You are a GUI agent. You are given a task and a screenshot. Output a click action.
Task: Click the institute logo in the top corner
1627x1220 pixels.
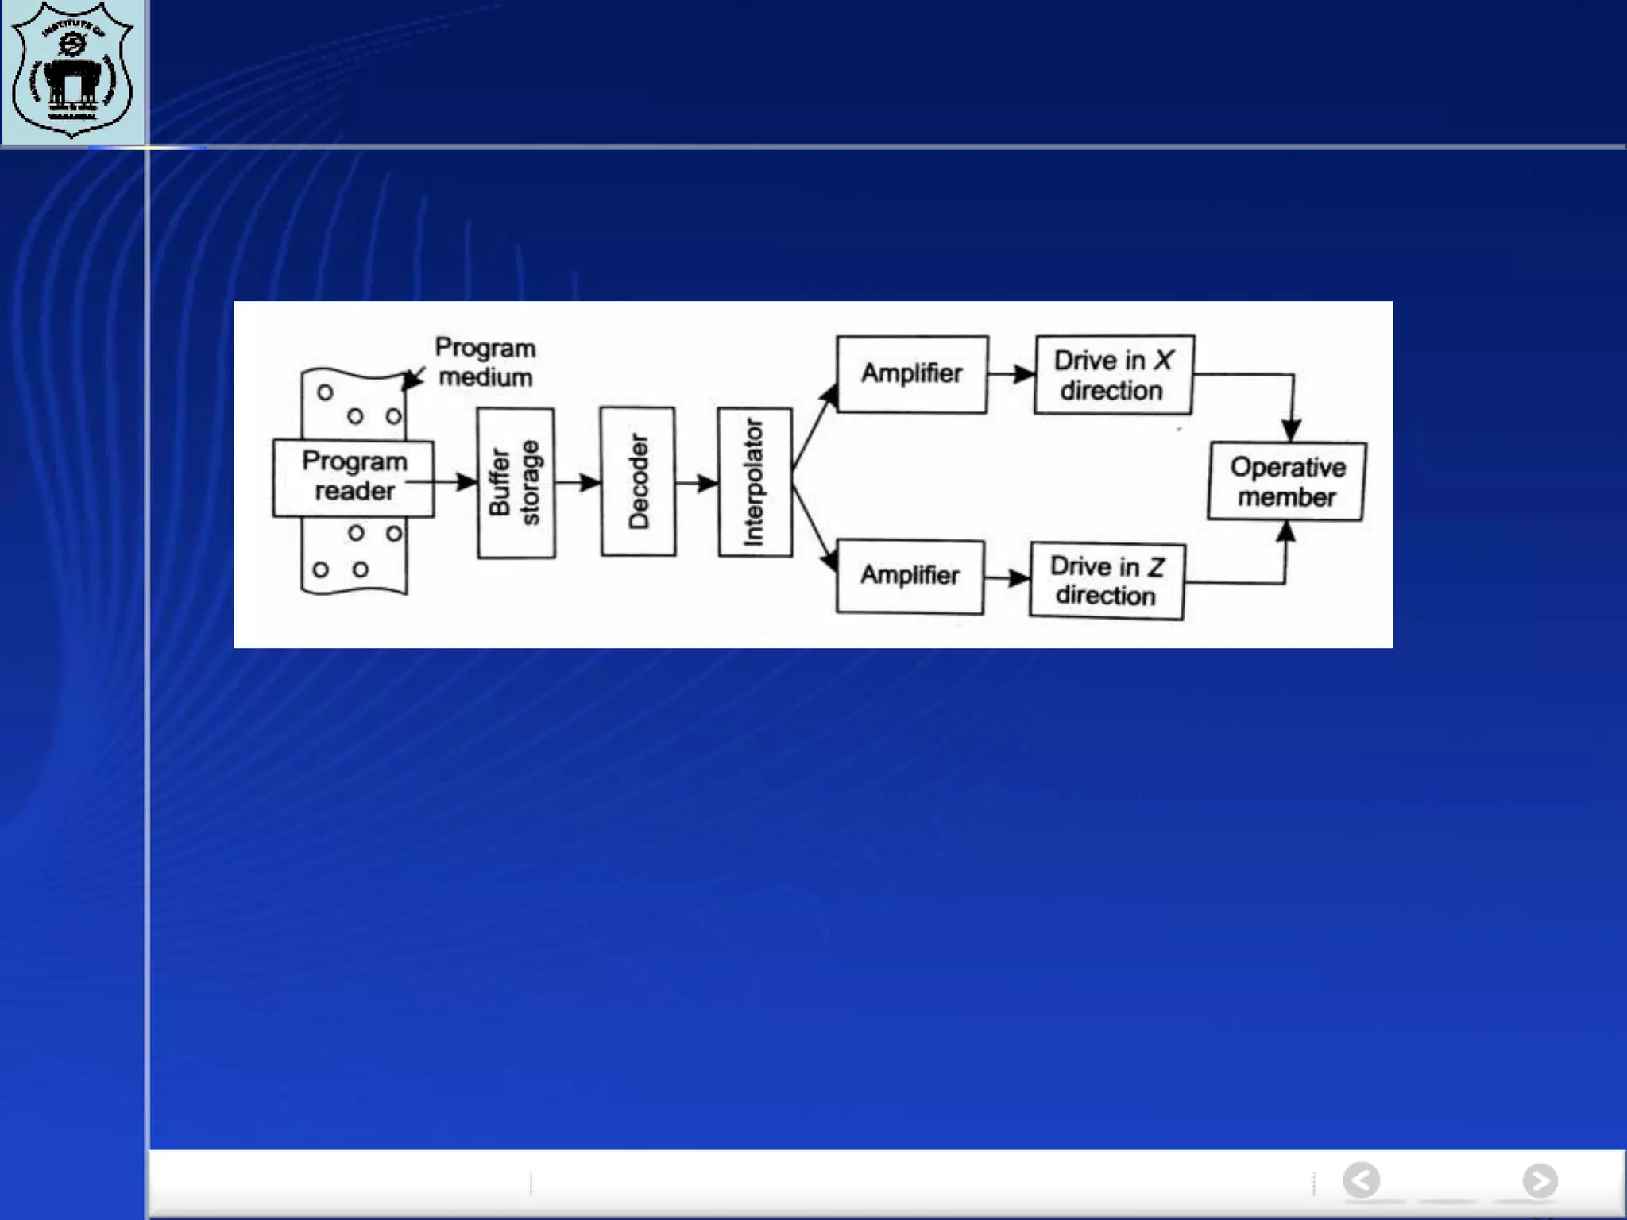click(x=73, y=71)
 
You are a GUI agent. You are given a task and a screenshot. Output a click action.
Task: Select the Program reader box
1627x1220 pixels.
click(x=354, y=477)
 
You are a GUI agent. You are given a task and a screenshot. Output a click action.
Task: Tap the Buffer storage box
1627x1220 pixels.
click(x=516, y=482)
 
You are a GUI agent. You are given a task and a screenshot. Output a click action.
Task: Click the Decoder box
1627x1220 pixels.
click(x=638, y=481)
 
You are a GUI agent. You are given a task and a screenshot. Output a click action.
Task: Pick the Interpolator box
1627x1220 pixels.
click(x=755, y=481)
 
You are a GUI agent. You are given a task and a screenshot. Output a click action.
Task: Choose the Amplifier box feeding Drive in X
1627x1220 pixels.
click(x=912, y=373)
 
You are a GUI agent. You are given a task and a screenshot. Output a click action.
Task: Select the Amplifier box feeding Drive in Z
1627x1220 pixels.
click(x=910, y=576)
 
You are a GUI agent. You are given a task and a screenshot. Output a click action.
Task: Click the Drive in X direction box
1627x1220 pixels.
click(x=1113, y=375)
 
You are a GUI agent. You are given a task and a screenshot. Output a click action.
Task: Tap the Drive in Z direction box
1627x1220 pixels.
click(x=1107, y=581)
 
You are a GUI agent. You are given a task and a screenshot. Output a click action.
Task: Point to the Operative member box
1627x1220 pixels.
click(x=1287, y=482)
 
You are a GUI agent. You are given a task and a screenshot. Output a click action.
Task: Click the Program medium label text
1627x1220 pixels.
click(x=485, y=362)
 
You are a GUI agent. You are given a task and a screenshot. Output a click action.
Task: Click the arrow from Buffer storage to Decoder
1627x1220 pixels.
click(x=578, y=482)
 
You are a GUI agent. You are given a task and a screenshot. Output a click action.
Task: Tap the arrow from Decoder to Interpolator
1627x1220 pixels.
click(x=697, y=482)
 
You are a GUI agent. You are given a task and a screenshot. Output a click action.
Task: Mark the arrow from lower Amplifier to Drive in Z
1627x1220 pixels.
click(x=1007, y=577)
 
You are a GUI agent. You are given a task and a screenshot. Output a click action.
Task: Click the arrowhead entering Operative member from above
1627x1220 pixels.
click(x=1292, y=429)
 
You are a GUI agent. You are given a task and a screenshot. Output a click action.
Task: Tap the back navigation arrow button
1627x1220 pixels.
click(x=1362, y=1180)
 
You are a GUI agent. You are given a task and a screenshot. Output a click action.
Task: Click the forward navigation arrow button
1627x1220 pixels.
click(x=1540, y=1180)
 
